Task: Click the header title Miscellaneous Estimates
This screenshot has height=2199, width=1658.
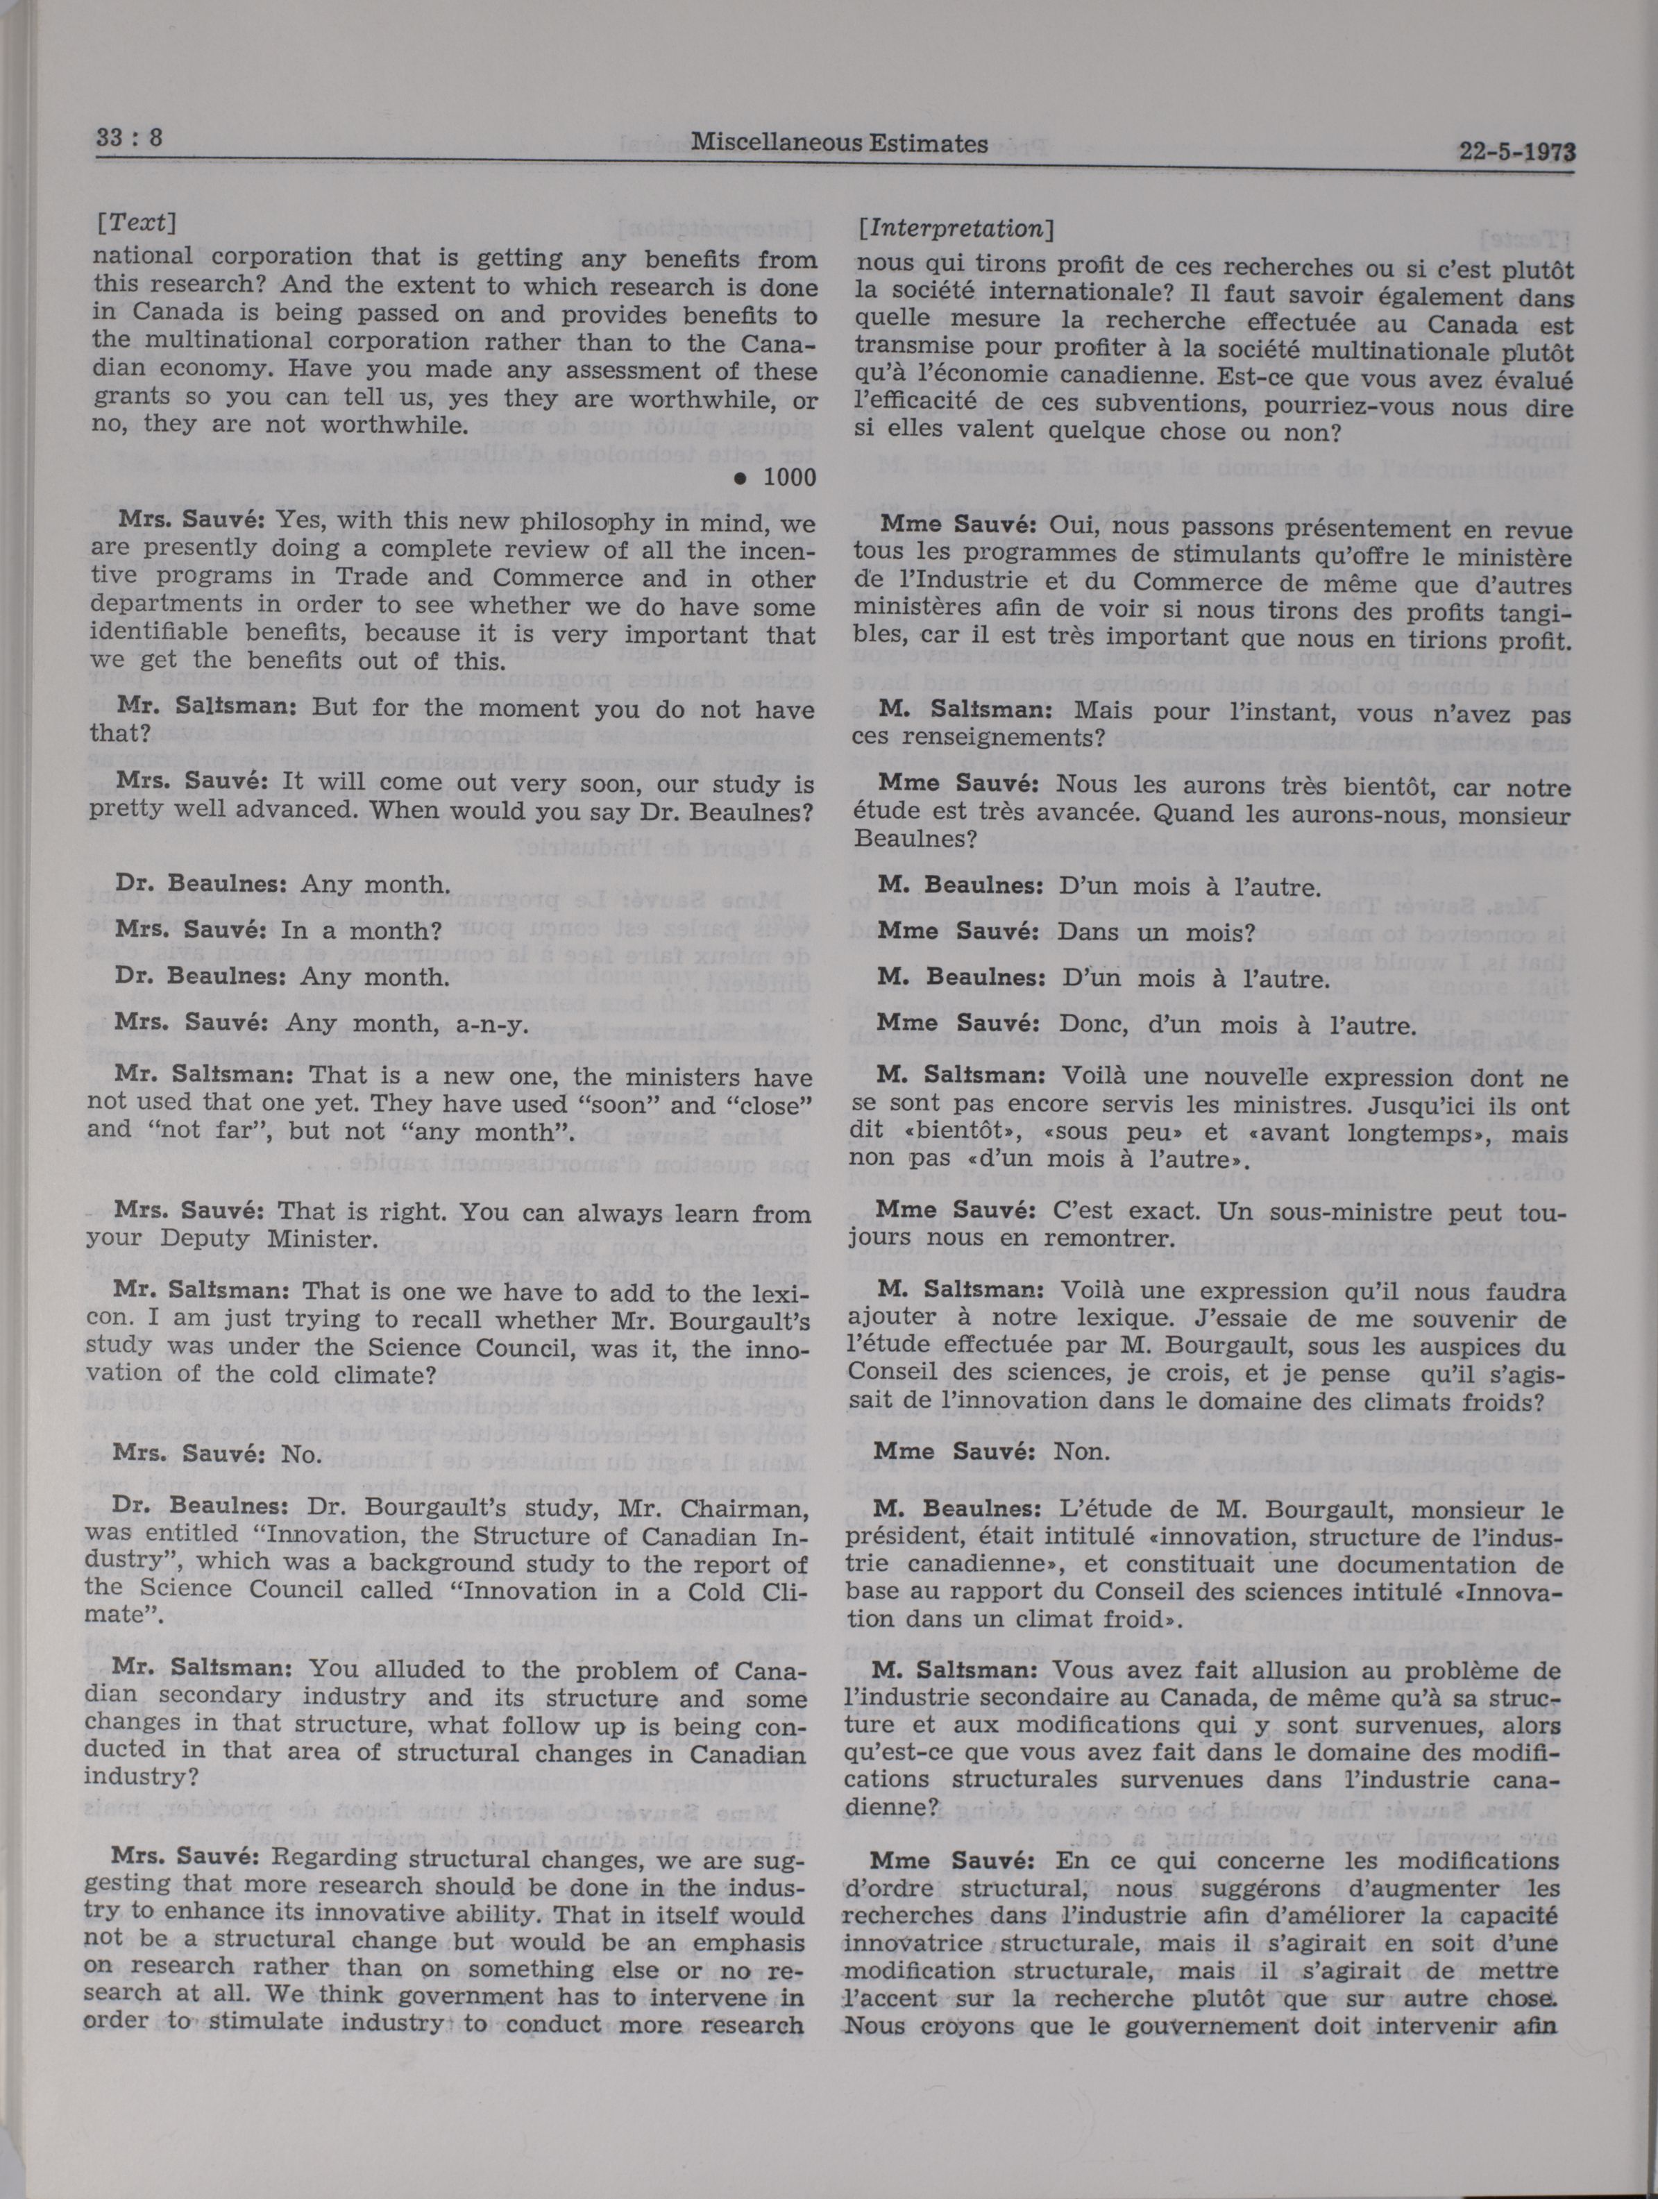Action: click(x=839, y=143)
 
